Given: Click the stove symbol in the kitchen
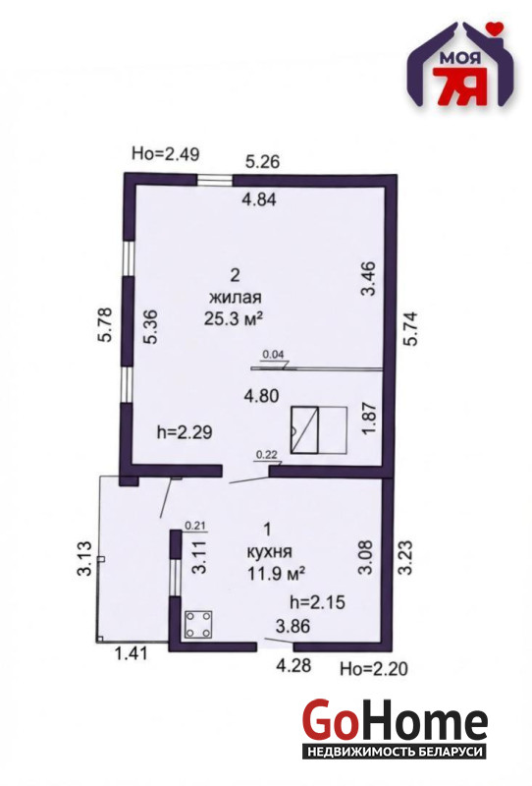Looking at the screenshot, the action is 199,624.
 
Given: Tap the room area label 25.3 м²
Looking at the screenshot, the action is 234,318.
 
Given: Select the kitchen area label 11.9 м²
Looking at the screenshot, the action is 277,573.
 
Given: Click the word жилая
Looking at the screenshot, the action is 236,298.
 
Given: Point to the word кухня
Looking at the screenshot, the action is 269,551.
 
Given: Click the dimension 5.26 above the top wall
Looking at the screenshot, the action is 262,162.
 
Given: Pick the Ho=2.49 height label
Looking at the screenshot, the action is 165,153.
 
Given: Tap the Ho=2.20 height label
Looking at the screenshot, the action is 374,668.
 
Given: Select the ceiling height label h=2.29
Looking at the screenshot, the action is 185,432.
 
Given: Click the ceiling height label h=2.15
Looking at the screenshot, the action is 318,601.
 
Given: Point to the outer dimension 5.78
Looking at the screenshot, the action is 106,325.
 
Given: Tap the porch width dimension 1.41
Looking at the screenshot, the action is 132,653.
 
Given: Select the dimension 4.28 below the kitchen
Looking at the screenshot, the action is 294,665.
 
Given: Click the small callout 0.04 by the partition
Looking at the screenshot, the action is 274,354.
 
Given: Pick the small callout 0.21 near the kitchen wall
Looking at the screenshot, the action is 195,526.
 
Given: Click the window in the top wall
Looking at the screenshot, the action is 214,180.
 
